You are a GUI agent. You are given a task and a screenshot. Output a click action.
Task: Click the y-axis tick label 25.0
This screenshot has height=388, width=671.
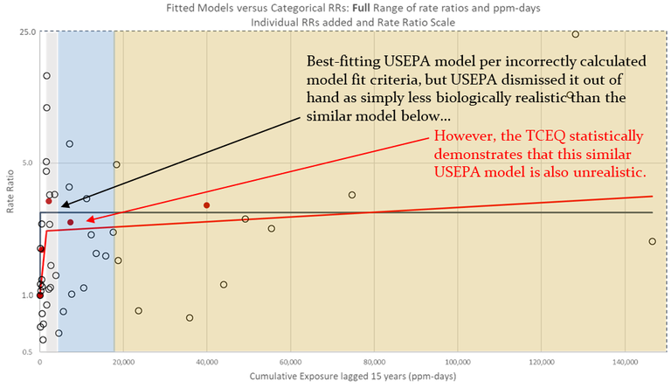tap(26, 32)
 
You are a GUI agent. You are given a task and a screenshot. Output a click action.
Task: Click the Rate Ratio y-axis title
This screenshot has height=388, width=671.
tap(9, 192)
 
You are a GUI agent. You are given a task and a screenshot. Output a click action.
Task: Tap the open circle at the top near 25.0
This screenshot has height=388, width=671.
tap(575, 34)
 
